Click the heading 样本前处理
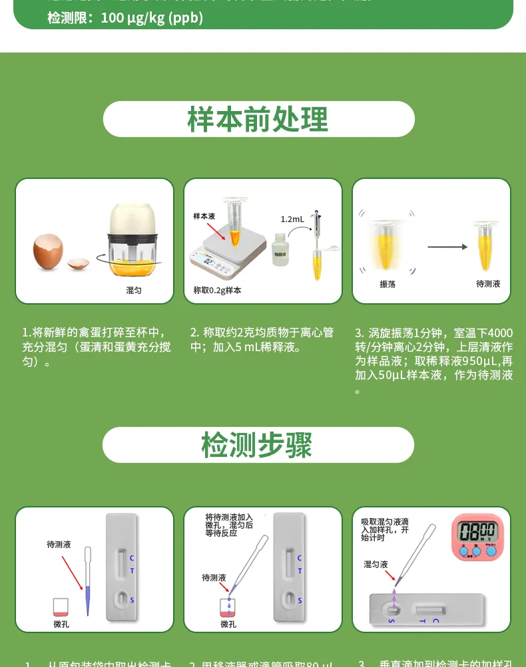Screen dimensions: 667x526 pyautogui.click(x=258, y=120)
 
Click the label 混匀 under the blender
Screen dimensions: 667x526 pyautogui.click(x=134, y=291)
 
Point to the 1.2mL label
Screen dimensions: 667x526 pyautogui.click(x=292, y=219)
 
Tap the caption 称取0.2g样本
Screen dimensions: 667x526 pyautogui.click(x=217, y=291)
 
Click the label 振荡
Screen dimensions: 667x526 pyautogui.click(x=388, y=284)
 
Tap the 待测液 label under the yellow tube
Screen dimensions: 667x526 pyautogui.click(x=488, y=284)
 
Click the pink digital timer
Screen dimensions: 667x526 pyautogui.click(x=478, y=536)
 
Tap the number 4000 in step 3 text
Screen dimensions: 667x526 pyautogui.click(x=500, y=333)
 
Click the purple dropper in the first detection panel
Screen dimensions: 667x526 pyautogui.click(x=87, y=585)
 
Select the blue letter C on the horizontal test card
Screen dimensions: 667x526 pyautogui.click(x=435, y=620)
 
